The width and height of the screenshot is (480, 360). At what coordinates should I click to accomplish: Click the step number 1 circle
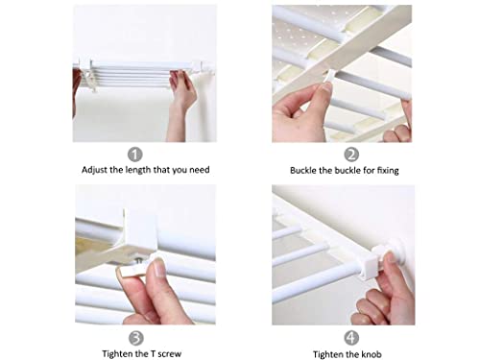click(135, 155)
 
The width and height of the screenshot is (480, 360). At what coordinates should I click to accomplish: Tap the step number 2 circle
click(351, 155)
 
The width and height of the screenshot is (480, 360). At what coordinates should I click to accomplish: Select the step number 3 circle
click(136, 338)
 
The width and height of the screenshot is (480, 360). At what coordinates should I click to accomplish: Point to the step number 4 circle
click(351, 338)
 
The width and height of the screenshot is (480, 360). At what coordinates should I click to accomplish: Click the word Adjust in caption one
click(94, 170)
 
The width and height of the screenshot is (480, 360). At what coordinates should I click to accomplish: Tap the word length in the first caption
click(138, 170)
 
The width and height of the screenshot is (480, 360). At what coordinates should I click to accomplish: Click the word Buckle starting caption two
click(302, 170)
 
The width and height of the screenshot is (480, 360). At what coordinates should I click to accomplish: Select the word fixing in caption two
click(388, 171)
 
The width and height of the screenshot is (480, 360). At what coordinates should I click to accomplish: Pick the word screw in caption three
click(170, 354)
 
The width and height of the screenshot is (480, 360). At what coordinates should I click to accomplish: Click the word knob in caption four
click(372, 354)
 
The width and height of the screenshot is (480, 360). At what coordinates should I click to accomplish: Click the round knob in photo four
click(396, 249)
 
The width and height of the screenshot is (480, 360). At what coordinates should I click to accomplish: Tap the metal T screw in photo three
click(139, 261)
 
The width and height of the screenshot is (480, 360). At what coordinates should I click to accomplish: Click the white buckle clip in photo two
click(329, 78)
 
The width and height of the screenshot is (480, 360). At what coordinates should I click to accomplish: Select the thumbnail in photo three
click(158, 268)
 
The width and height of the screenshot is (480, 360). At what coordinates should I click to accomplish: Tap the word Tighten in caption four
click(328, 354)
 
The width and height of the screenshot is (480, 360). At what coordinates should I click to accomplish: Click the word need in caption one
click(200, 170)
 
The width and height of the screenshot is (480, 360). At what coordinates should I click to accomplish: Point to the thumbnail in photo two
click(327, 89)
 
